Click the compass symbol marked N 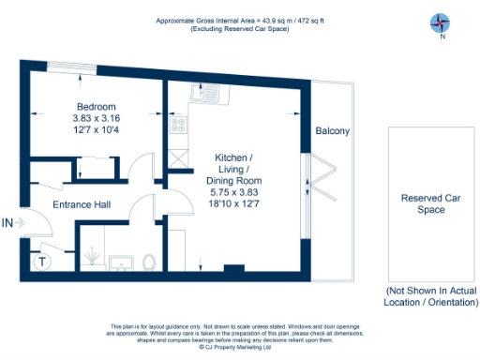441,22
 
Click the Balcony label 332,131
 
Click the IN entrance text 9,223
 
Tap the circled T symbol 40,262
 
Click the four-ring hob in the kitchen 174,124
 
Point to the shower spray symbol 94,253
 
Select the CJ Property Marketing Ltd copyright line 240,346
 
